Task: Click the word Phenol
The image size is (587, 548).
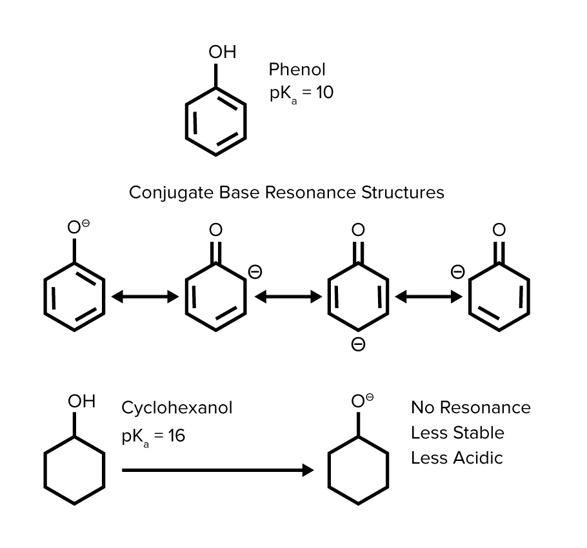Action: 297,69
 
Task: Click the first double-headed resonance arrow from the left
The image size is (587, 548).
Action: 144,297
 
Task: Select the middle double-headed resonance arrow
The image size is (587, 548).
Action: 288,297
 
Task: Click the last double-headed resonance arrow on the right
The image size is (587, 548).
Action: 428,297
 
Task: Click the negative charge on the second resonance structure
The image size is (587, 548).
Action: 255,272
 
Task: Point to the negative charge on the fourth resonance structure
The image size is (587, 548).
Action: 457,272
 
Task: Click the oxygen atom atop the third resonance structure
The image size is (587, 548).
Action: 357,230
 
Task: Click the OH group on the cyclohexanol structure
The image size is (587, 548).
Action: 81,401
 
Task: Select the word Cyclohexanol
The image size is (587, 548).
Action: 177,408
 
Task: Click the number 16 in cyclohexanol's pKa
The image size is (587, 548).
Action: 176,436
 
